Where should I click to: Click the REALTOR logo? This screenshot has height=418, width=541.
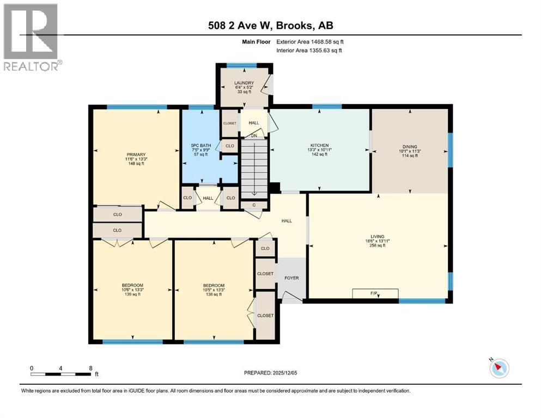(31, 37)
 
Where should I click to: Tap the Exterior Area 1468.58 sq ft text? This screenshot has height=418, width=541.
(309, 41)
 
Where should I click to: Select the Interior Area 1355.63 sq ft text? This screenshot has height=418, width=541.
(309, 51)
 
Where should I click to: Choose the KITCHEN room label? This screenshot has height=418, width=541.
(319, 146)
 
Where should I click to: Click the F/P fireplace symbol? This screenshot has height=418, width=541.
(375, 294)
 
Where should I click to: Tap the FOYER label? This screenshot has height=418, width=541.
(292, 278)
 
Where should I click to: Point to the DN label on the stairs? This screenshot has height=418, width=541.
(254, 136)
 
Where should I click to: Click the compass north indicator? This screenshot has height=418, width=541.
(499, 368)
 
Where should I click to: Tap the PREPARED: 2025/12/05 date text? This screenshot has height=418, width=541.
(270, 373)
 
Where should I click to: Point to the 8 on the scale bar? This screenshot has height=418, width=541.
(90, 368)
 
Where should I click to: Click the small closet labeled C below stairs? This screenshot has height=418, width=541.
(254, 205)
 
